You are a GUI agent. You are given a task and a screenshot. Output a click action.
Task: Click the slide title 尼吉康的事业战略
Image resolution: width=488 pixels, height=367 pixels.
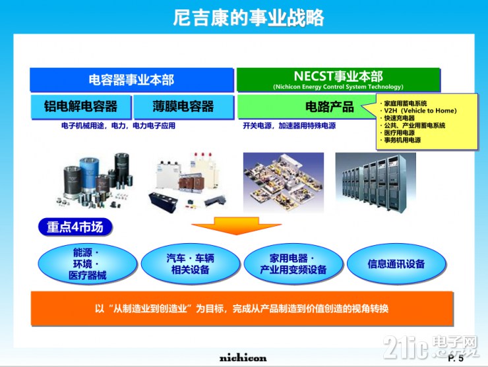(x=243, y=18)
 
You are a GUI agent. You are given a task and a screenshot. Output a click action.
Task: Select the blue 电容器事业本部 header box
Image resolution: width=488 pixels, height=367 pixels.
(x=131, y=80)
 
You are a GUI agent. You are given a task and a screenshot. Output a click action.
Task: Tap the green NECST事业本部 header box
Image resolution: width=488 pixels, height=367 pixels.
(x=338, y=80)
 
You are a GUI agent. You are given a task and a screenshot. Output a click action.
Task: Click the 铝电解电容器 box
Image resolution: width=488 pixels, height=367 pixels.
(x=80, y=107)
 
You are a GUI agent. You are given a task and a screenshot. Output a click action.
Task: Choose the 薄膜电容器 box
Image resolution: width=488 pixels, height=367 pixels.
(x=183, y=107)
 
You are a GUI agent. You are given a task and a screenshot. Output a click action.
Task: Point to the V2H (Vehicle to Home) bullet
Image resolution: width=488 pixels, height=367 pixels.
(x=421, y=111)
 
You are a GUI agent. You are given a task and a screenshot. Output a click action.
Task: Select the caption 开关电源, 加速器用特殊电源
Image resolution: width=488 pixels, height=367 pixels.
(x=289, y=125)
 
